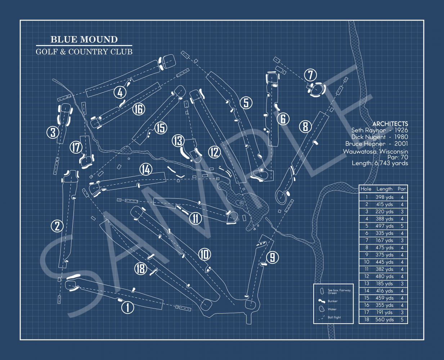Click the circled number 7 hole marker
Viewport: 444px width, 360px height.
click(310, 75)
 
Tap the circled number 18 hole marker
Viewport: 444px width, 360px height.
click(140, 268)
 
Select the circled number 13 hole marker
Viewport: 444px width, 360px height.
click(178, 141)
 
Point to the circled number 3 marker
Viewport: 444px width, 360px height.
click(53, 132)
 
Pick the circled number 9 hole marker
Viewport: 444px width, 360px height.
click(273, 257)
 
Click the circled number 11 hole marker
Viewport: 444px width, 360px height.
click(196, 218)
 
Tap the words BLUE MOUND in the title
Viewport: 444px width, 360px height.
click(84, 40)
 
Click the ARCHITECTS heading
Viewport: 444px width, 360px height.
click(390, 124)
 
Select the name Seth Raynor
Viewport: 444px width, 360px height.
click(368, 130)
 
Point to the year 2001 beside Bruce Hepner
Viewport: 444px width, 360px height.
click(401, 144)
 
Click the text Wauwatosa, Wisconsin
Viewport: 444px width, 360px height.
click(375, 152)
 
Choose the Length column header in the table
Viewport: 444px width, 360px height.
click(384, 189)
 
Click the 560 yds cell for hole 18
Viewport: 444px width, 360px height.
click(384, 319)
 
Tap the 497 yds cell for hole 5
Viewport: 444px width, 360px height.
click(384, 226)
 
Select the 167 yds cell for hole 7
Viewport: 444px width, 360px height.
click(384, 240)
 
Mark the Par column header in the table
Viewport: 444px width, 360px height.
click(402, 189)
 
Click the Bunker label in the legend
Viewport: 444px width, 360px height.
click(332, 301)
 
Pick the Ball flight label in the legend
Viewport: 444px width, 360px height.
click(334, 318)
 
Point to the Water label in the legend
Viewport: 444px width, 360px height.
click(332, 309)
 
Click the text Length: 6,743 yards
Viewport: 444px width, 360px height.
click(380, 163)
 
